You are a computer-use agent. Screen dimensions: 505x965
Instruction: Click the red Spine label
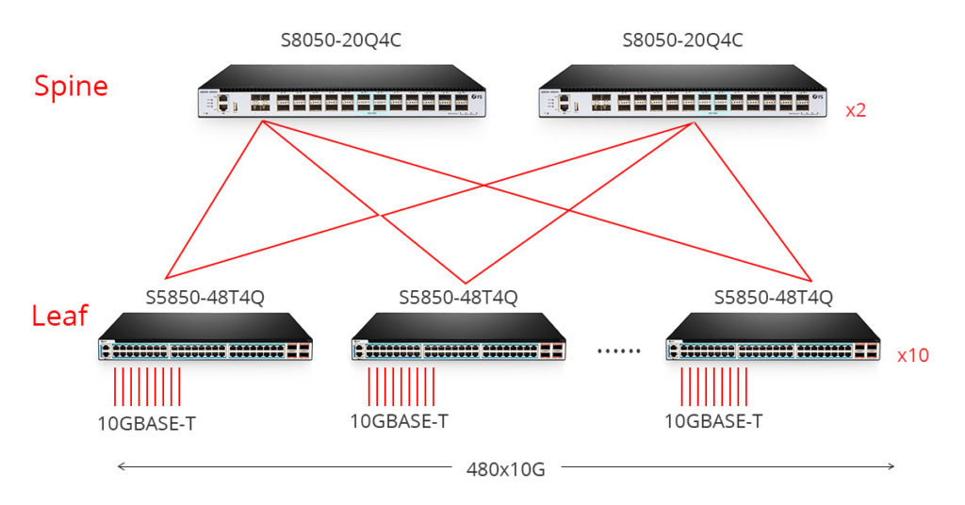[71, 87]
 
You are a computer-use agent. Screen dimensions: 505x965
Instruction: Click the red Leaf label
[59, 316]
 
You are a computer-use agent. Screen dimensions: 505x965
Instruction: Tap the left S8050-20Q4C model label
[340, 41]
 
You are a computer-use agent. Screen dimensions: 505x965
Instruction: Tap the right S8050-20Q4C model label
[682, 41]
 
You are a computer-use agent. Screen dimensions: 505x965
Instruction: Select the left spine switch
[340, 94]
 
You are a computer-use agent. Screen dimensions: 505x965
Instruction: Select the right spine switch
[682, 94]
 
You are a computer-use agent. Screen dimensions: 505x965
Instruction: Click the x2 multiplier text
[856, 110]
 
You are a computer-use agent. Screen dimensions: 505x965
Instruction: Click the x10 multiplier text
[913, 356]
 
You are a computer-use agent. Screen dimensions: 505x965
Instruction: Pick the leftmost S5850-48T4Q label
[204, 298]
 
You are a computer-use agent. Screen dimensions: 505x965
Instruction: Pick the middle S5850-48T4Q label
[458, 298]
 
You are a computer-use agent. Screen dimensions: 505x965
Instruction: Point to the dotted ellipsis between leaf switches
[619, 350]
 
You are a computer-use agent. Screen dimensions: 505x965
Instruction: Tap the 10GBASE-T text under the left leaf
[147, 422]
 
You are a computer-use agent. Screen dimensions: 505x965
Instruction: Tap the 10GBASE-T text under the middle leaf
[399, 421]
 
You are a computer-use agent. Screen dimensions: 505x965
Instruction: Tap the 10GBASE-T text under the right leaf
[713, 421]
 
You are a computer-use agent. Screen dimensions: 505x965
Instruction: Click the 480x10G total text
[505, 468]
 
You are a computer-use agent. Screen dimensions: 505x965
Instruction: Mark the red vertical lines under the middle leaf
[401, 386]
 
